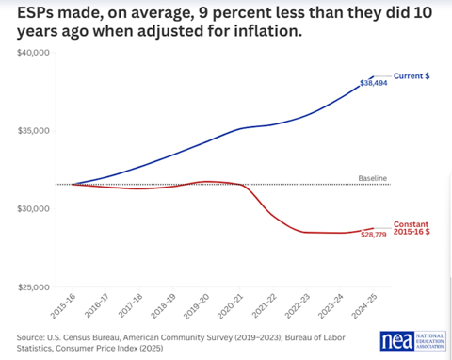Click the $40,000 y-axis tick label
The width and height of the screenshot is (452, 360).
tap(34, 53)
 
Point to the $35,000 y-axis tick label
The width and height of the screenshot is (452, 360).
tap(34, 131)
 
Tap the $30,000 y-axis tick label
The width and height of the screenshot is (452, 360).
tap(34, 209)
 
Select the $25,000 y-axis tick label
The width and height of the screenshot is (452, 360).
tap(34, 287)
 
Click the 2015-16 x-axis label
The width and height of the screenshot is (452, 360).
tap(63, 306)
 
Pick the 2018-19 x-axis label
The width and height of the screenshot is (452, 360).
tap(163, 306)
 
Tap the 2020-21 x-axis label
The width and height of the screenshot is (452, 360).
tap(231, 306)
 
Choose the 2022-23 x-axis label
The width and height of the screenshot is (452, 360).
tap(298, 306)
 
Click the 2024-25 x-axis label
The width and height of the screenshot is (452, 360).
tap(364, 306)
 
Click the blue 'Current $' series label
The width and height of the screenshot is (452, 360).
tap(412, 76)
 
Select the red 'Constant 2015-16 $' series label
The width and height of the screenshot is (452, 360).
tap(412, 228)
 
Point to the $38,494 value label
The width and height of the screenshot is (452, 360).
tap(374, 83)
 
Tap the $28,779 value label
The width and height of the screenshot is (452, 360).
tap(374, 235)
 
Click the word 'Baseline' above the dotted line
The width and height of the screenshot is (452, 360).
tap(373, 178)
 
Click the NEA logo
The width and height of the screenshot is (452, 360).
tap(413, 341)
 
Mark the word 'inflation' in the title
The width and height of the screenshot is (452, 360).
tap(266, 31)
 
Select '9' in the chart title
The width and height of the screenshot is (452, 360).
tap(202, 13)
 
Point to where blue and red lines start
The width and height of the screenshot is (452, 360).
tap(73, 185)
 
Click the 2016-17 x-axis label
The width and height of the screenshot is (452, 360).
tap(97, 306)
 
